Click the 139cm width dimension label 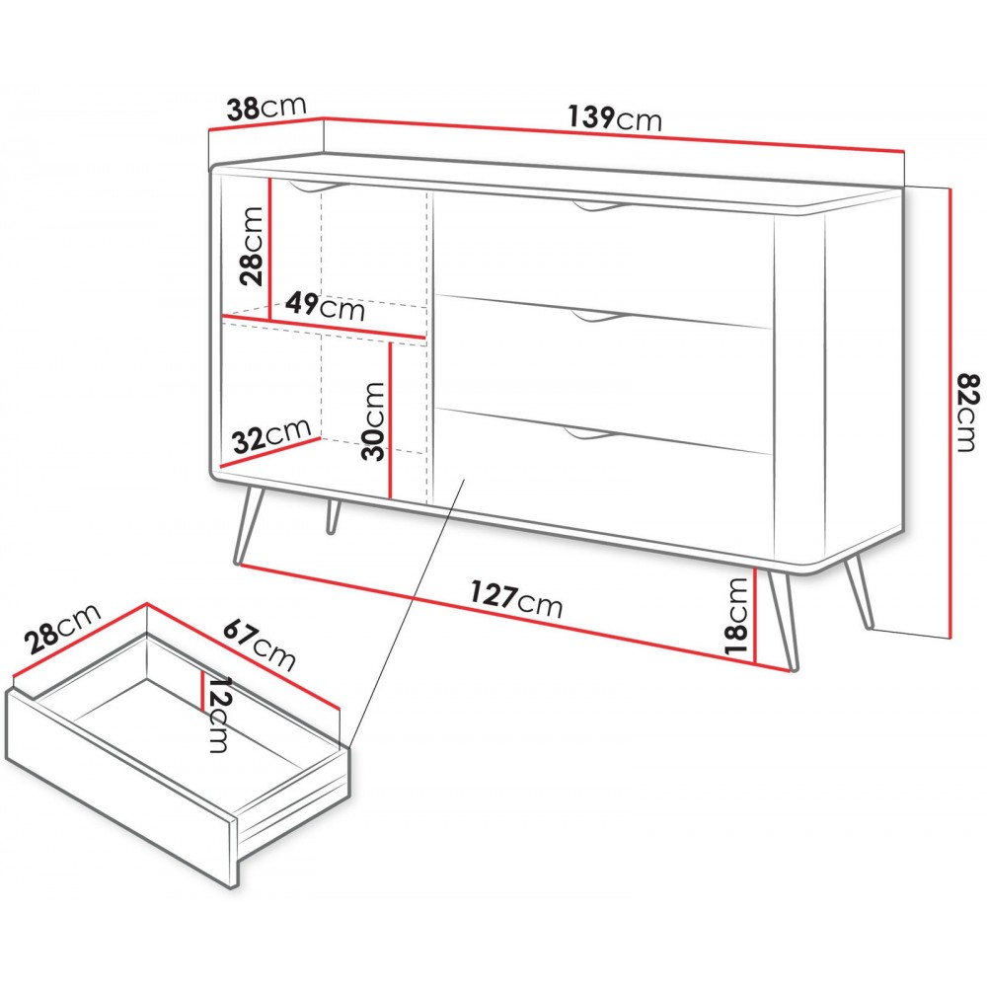[614, 118]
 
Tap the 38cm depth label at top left [266, 108]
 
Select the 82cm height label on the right [967, 413]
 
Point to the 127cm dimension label [516, 599]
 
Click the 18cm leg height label [737, 616]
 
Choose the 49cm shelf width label [325, 306]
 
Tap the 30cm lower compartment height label [373, 421]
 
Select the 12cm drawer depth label [220, 715]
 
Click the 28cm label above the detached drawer [61, 629]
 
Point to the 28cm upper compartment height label [252, 246]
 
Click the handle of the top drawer [598, 206]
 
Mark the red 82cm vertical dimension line [949, 413]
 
